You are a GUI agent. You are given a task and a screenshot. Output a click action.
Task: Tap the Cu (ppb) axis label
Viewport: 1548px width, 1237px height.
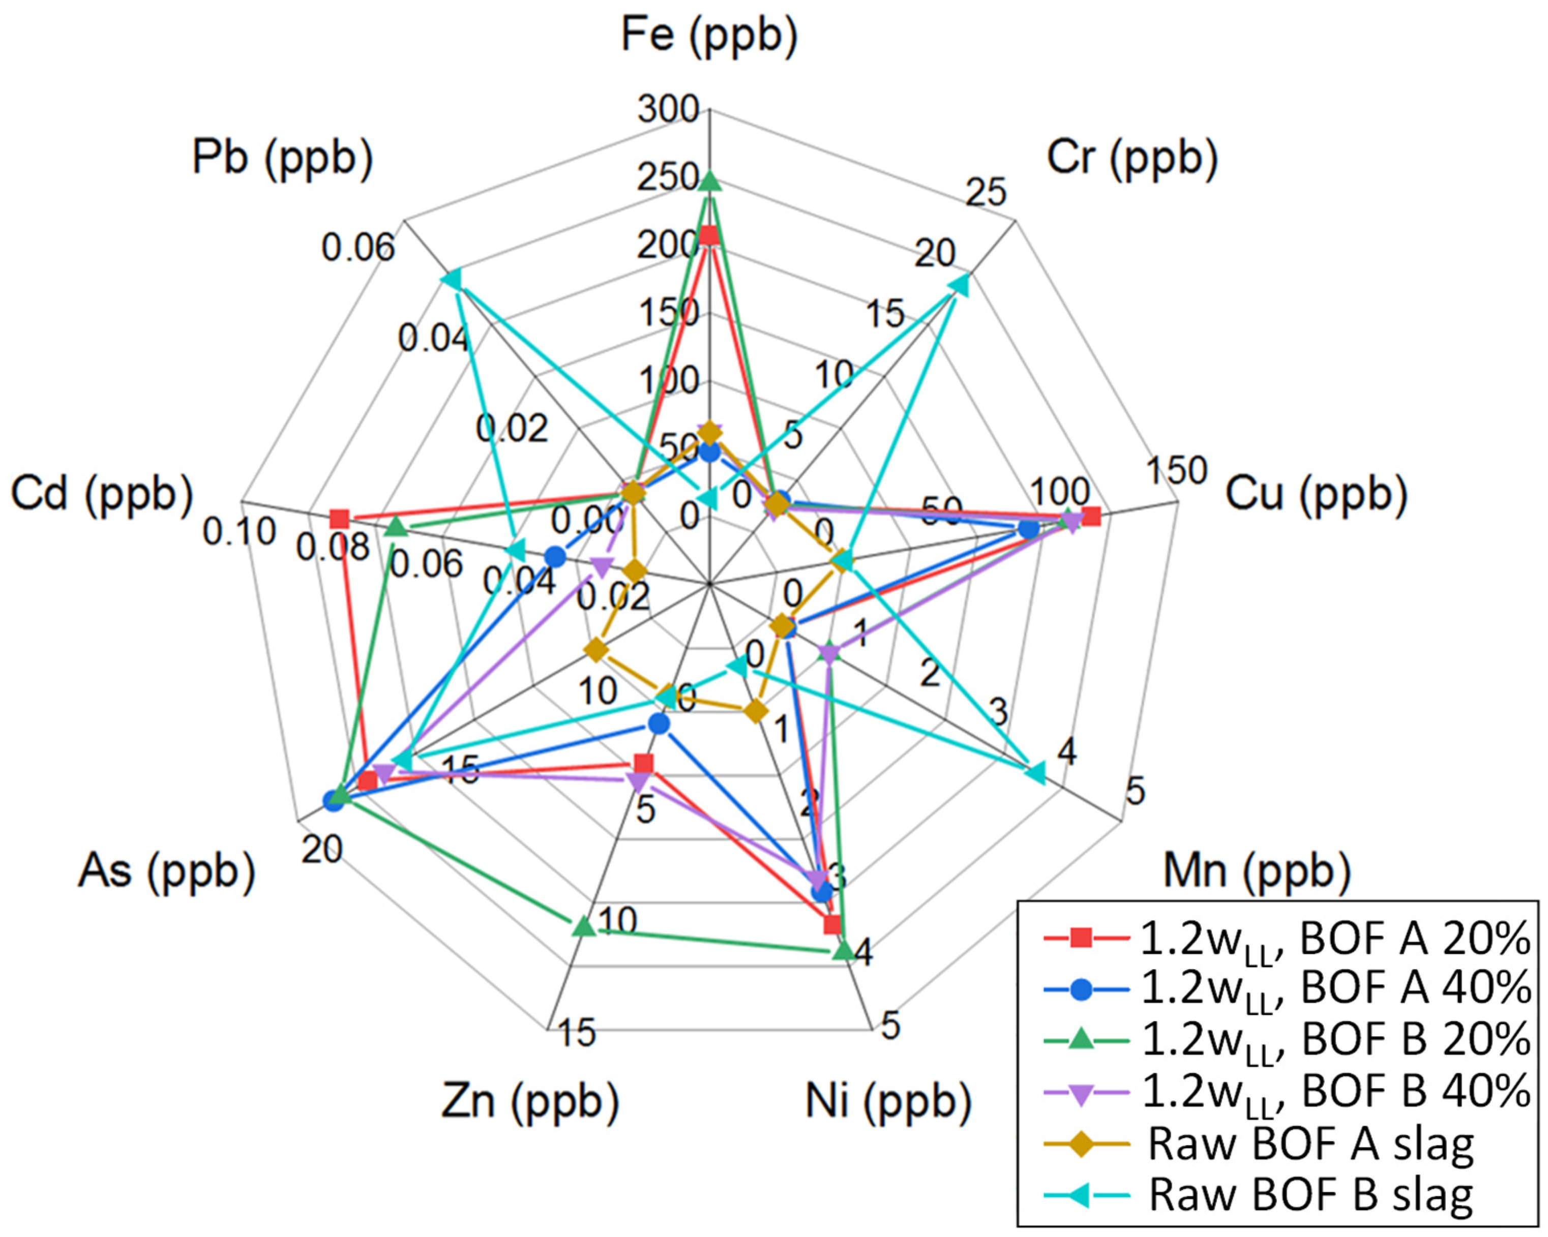[x=1316, y=495]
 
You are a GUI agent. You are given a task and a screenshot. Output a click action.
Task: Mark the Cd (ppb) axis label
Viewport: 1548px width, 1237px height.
[x=102, y=495]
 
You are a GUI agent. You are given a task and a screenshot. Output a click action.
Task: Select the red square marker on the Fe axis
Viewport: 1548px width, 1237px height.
[x=709, y=235]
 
